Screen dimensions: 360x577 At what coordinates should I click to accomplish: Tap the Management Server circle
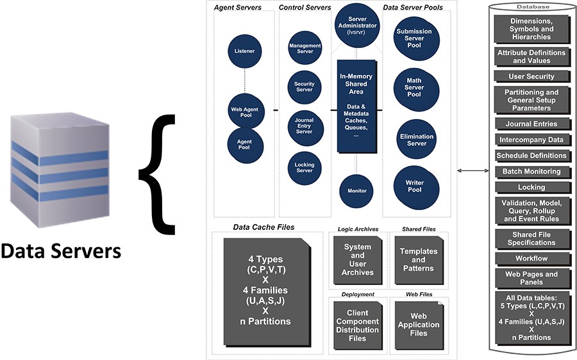click(x=305, y=49)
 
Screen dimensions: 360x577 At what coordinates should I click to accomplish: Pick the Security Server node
click(x=305, y=87)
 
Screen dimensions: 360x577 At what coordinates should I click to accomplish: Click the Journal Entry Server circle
click(x=305, y=126)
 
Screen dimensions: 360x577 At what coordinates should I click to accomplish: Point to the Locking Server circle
click(x=305, y=167)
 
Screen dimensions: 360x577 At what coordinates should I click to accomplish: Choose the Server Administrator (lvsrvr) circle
click(x=357, y=26)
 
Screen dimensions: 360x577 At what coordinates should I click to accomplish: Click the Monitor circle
click(x=357, y=190)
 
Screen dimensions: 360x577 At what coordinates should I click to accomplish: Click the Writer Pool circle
click(x=414, y=186)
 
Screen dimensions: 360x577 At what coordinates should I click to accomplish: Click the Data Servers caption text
click(x=61, y=252)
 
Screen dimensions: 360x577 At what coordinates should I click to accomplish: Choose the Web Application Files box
click(x=419, y=325)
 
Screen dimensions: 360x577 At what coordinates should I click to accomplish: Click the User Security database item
click(x=531, y=77)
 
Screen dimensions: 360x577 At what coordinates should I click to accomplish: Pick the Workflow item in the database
click(x=531, y=259)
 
